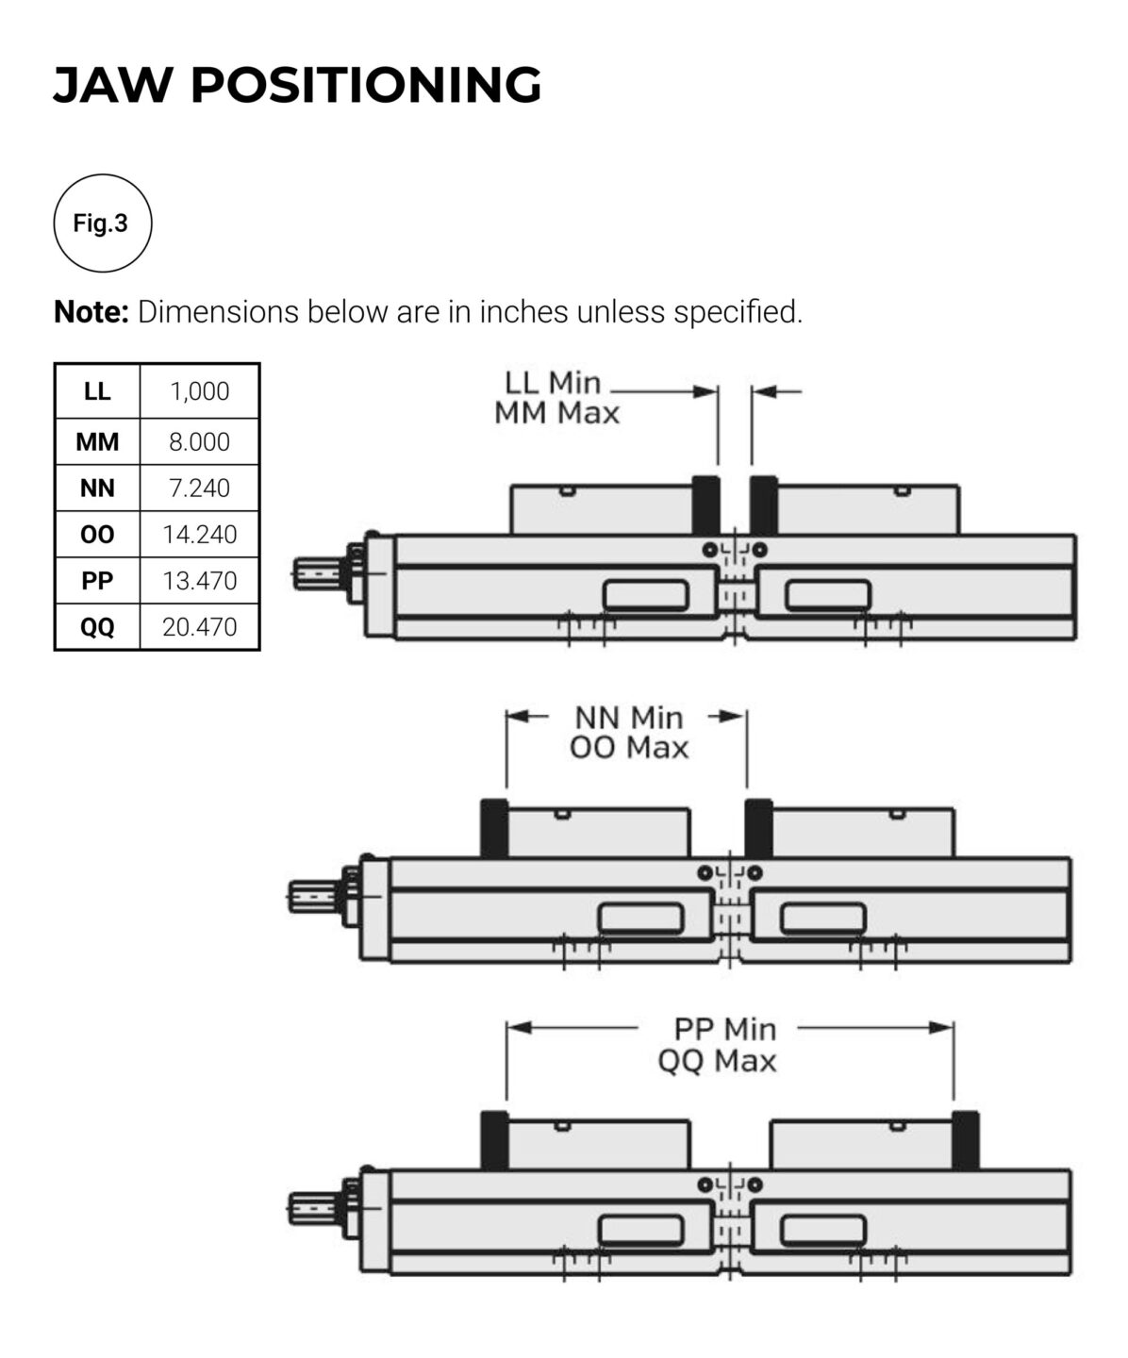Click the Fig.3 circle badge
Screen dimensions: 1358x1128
tap(103, 224)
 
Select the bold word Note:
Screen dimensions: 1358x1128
tap(91, 311)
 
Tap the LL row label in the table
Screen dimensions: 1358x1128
tap(97, 391)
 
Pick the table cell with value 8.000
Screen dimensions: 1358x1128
tap(199, 441)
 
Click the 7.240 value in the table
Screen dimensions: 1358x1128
tap(199, 488)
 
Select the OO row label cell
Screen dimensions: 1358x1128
tap(97, 534)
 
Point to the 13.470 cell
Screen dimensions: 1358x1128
tap(199, 580)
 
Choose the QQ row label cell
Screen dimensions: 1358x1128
tap(97, 626)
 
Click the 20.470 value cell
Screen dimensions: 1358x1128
tap(199, 626)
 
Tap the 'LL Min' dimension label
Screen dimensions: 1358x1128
tap(553, 383)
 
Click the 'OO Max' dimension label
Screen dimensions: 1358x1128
tap(629, 748)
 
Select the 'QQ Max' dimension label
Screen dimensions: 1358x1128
tap(717, 1061)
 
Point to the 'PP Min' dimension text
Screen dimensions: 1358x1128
tap(724, 1029)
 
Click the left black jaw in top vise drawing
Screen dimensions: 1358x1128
tap(705, 505)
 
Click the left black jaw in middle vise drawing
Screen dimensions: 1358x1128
tap(493, 827)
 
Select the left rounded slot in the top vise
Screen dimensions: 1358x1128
tap(647, 595)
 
